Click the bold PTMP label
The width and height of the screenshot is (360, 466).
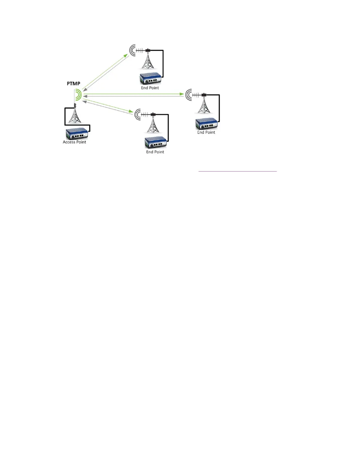(x=74, y=84)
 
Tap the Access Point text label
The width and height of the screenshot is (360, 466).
(x=74, y=142)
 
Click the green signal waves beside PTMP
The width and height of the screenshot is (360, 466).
(x=78, y=95)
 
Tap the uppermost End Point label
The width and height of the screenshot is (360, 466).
(x=150, y=88)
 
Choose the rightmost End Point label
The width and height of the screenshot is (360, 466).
(x=206, y=132)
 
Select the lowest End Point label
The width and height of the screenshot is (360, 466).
(x=155, y=152)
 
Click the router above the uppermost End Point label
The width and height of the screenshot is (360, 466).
(x=150, y=79)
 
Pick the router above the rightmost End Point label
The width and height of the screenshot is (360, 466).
(x=206, y=124)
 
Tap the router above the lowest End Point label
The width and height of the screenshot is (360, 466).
(x=156, y=143)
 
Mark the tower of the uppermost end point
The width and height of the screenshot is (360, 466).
(x=148, y=61)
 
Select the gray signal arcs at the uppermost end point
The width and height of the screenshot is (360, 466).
(x=133, y=51)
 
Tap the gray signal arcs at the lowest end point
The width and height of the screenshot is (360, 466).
(x=138, y=114)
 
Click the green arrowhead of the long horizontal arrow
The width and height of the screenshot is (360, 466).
(x=182, y=94)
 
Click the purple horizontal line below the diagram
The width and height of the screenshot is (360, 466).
(x=238, y=171)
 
